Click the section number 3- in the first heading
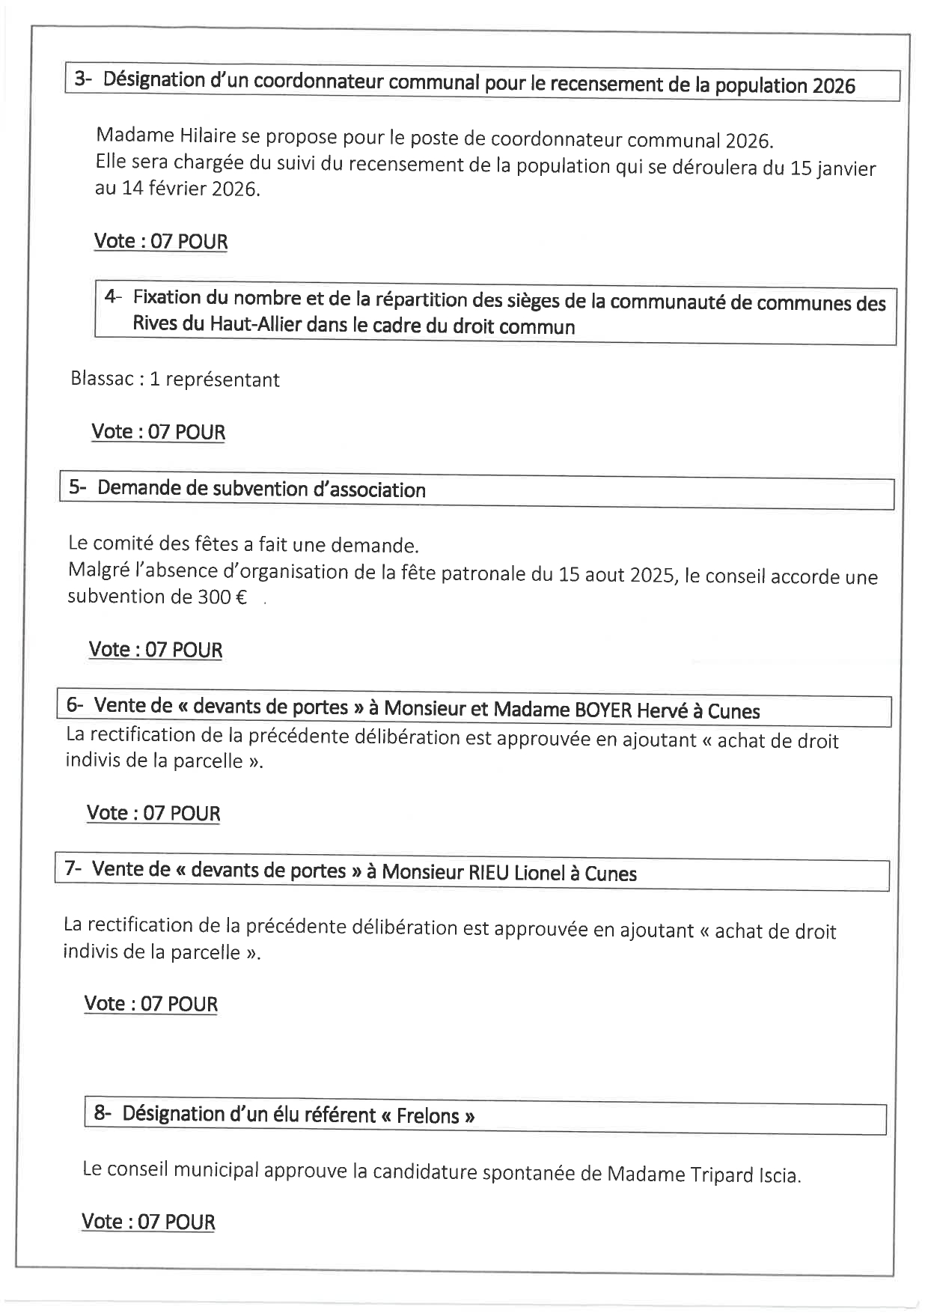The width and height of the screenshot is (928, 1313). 82,79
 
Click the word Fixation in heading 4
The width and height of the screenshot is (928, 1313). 167,298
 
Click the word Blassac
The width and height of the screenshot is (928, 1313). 101,379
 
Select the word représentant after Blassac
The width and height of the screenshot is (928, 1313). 222,380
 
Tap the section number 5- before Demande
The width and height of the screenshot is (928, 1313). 78,487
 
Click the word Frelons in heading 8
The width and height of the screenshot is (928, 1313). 427,1115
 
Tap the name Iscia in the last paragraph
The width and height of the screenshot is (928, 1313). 778,1175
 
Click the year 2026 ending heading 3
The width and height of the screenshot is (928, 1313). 833,86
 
